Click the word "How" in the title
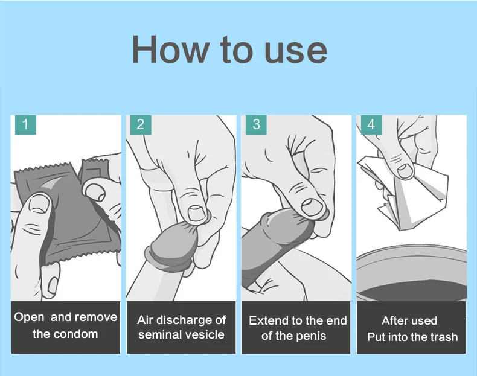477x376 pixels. pos(170,49)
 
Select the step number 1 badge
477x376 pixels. pos(25,124)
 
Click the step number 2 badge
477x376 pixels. pos(141,124)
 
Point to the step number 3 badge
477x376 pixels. pos(256,124)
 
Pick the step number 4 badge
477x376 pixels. pos(371,124)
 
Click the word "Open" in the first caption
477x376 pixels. pos(29,317)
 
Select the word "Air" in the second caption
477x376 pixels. pos(144,320)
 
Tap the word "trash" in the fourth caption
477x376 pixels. pos(444,337)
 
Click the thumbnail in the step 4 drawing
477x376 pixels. pos(405,170)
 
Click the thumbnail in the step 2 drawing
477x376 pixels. pos(196,213)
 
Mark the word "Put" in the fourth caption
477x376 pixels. pos(376,337)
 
